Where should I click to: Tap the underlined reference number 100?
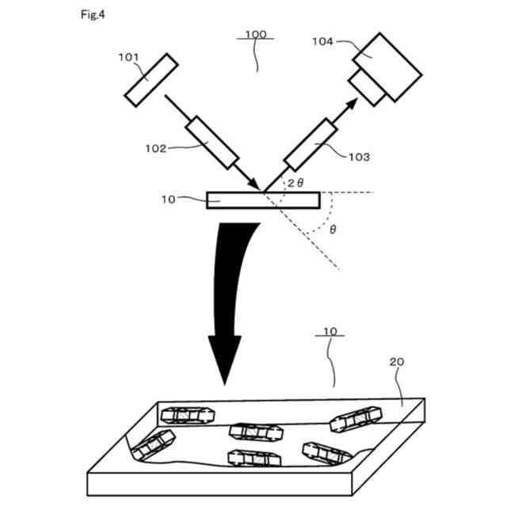click(x=255, y=34)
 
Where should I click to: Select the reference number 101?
click(x=128, y=57)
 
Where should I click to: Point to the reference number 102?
click(x=156, y=147)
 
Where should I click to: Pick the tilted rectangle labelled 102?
click(x=212, y=143)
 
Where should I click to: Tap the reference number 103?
click(x=358, y=157)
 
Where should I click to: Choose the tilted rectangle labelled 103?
click(x=305, y=143)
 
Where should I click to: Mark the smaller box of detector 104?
click(x=369, y=87)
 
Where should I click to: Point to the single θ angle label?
click(x=333, y=230)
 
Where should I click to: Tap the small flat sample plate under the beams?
click(x=235, y=200)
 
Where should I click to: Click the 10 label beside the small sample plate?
click(x=168, y=200)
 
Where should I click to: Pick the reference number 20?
click(x=397, y=361)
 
